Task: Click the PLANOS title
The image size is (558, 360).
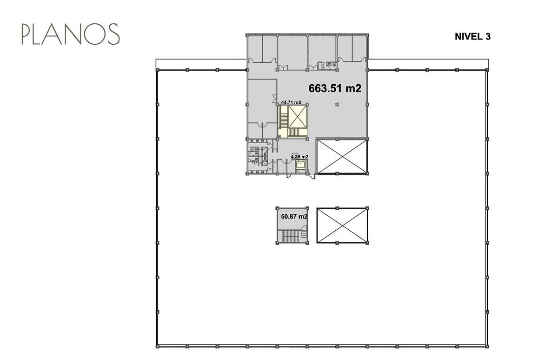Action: (71, 34)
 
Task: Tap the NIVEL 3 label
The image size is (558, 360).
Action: (472, 37)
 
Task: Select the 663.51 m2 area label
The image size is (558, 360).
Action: (335, 88)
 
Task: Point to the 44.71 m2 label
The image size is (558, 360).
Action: (291, 102)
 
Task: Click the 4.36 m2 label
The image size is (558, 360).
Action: (299, 157)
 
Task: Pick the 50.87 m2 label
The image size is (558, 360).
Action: (294, 216)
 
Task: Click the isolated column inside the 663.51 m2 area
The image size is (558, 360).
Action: (337, 105)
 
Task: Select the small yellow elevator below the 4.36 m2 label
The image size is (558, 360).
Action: (300, 165)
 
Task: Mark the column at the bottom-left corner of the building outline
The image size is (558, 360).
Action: (158, 347)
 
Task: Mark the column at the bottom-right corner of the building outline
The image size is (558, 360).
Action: (487, 347)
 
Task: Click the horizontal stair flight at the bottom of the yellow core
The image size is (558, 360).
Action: (297, 133)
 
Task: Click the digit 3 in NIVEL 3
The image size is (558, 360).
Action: (488, 37)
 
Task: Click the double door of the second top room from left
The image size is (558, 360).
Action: (283, 67)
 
